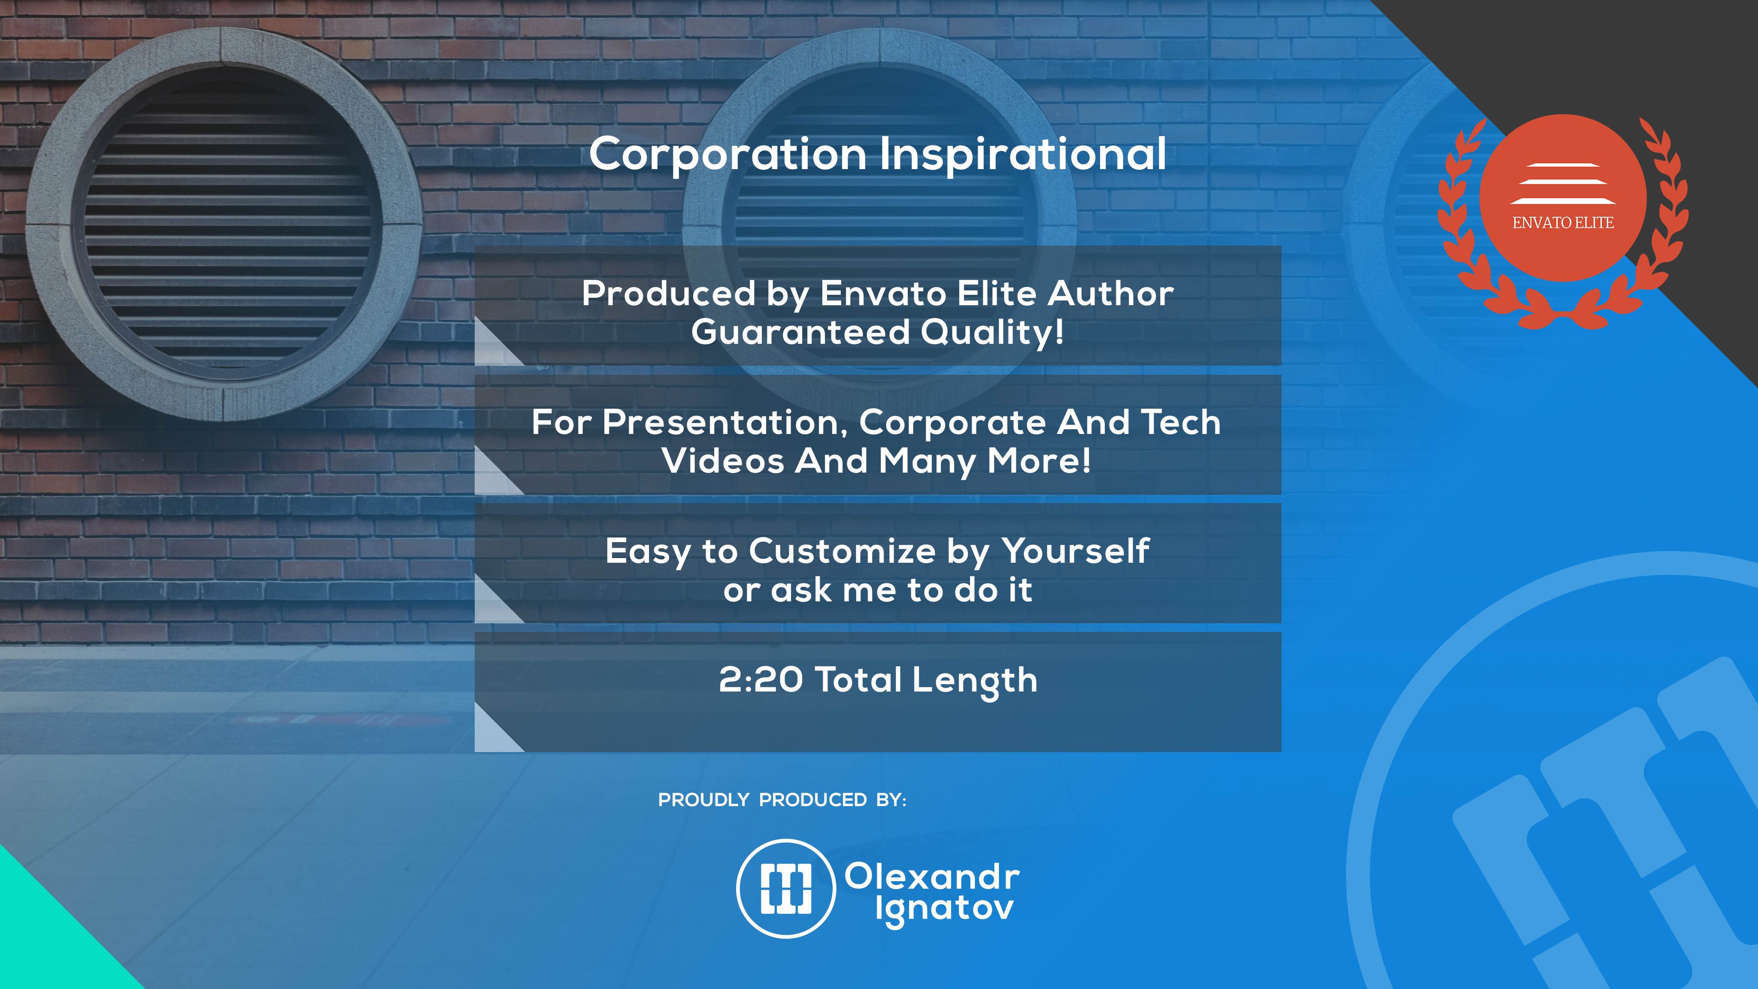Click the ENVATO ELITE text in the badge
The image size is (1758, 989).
[x=1563, y=222]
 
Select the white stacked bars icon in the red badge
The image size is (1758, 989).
[x=1563, y=184]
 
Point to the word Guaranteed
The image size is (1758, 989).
[x=800, y=332]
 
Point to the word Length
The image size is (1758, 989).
[x=975, y=681]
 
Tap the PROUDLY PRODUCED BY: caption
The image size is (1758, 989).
[x=782, y=800]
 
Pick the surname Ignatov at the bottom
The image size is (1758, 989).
[x=945, y=909]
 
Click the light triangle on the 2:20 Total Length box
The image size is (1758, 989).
[x=493, y=736]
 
